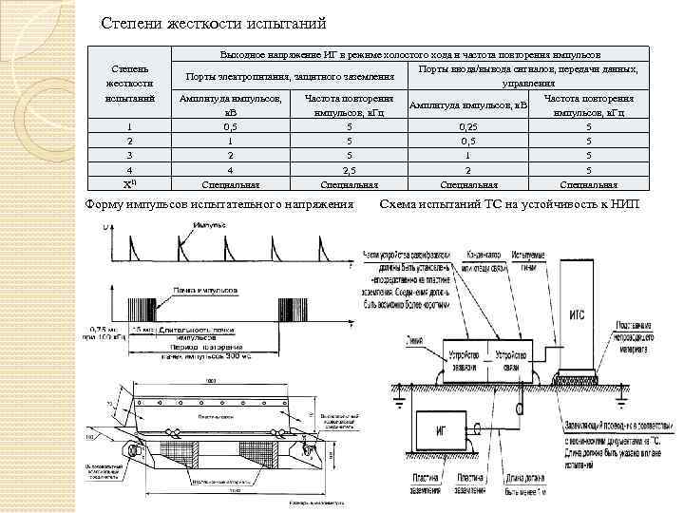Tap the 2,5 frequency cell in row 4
[349, 169]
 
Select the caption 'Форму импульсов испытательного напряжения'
[218, 203]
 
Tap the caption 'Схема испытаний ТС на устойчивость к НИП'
[509, 203]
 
